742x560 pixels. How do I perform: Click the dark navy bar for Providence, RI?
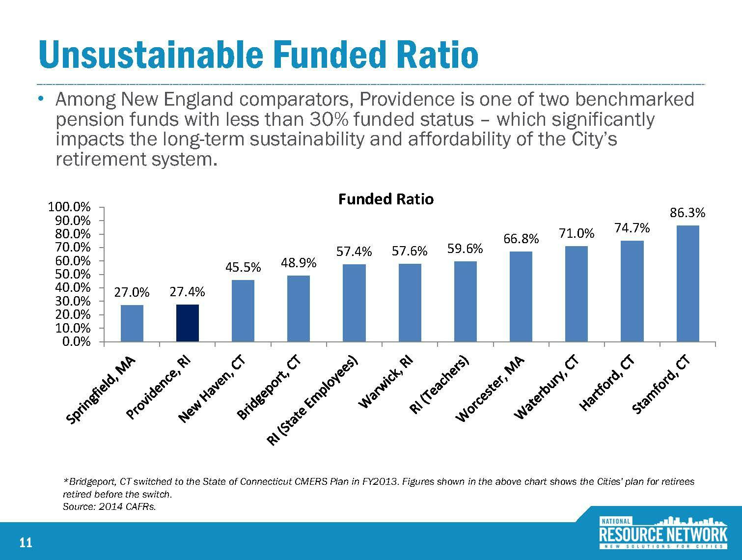[187, 323]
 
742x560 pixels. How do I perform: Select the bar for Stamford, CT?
[687, 283]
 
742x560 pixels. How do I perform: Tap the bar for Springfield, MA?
[132, 323]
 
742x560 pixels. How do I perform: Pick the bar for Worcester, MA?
[521, 296]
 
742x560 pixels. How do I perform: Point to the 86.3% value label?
[687, 213]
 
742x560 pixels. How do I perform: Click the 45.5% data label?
[243, 267]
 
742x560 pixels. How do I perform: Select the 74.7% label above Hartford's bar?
[632, 228]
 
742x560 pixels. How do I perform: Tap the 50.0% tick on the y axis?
[76, 274]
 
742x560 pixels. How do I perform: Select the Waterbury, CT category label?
[547, 389]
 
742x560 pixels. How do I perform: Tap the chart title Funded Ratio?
[386, 199]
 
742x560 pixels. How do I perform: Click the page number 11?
[26, 543]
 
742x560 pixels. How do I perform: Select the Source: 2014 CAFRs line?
[110, 507]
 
